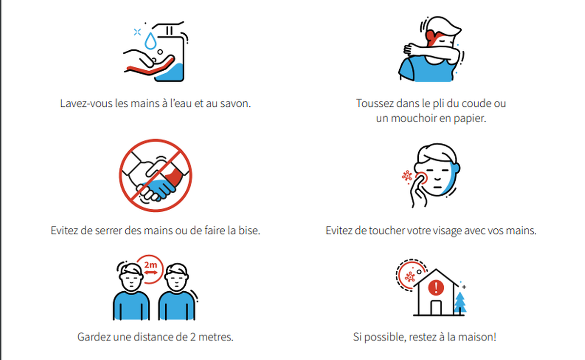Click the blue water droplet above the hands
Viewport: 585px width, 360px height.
pyautogui.click(x=151, y=41)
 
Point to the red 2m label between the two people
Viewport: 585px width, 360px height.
pyautogui.click(x=151, y=265)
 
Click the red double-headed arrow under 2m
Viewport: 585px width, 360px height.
pyautogui.click(x=151, y=273)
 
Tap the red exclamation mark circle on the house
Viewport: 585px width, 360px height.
pyautogui.click(x=436, y=287)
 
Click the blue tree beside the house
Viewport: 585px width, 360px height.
pyautogui.click(x=460, y=302)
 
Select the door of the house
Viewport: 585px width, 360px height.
pyautogui.click(x=436, y=308)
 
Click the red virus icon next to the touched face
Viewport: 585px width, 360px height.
pyautogui.click(x=407, y=176)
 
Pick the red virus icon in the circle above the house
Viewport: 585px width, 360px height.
pyautogui.click(x=410, y=277)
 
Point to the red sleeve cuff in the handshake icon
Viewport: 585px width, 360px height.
pyautogui.click(x=174, y=177)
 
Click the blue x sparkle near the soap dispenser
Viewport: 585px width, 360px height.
pyautogui.click(x=137, y=32)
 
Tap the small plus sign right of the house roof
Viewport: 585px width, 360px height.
pyautogui.click(x=464, y=287)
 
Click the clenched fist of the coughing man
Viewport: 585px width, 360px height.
pyautogui.click(x=409, y=50)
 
